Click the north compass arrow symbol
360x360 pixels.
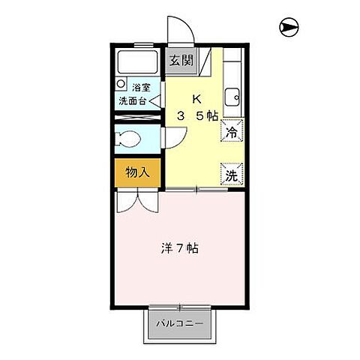[289, 28]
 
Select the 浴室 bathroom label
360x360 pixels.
[142, 87]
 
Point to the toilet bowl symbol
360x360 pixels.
[129, 139]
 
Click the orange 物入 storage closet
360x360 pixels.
[136, 172]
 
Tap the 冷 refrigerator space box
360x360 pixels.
[231, 132]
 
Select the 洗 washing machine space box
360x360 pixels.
[231, 175]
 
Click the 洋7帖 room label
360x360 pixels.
[181, 247]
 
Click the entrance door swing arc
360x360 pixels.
[180, 30]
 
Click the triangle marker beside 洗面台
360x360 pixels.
[154, 100]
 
